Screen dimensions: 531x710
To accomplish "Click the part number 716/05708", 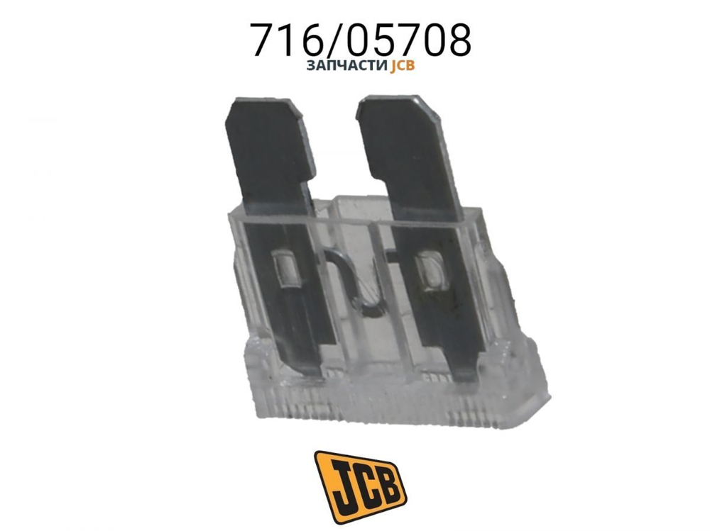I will pos(361,40).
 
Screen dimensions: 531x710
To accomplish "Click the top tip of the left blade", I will pos(263,104).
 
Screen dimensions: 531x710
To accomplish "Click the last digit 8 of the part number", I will pos(457,40).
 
